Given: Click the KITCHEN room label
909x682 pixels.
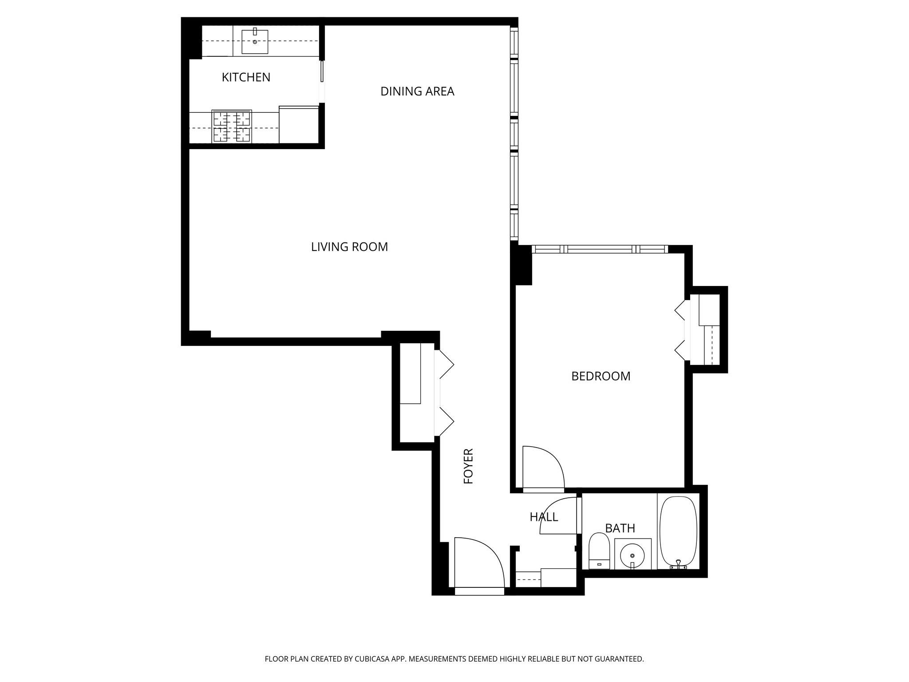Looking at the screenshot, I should click(x=246, y=77).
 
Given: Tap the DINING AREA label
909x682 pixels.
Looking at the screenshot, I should click(x=417, y=91).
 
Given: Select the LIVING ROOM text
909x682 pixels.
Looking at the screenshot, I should click(x=349, y=247).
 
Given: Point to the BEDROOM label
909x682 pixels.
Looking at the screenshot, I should click(x=601, y=376).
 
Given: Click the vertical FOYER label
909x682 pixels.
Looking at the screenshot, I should click(x=469, y=466).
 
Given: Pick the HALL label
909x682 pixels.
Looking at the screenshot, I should click(x=543, y=517).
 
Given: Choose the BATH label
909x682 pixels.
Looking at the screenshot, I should click(x=620, y=528).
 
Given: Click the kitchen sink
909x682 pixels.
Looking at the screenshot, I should click(x=255, y=42).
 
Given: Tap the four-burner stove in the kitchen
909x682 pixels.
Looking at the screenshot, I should click(x=232, y=127).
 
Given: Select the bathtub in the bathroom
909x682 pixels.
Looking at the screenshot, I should click(x=678, y=532).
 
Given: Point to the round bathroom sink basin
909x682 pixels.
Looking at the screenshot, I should click(x=632, y=555).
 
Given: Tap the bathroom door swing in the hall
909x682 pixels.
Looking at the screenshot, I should click(x=559, y=516).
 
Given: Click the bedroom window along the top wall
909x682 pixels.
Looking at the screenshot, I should click(x=599, y=249).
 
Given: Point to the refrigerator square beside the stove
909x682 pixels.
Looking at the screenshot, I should click(x=298, y=125).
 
